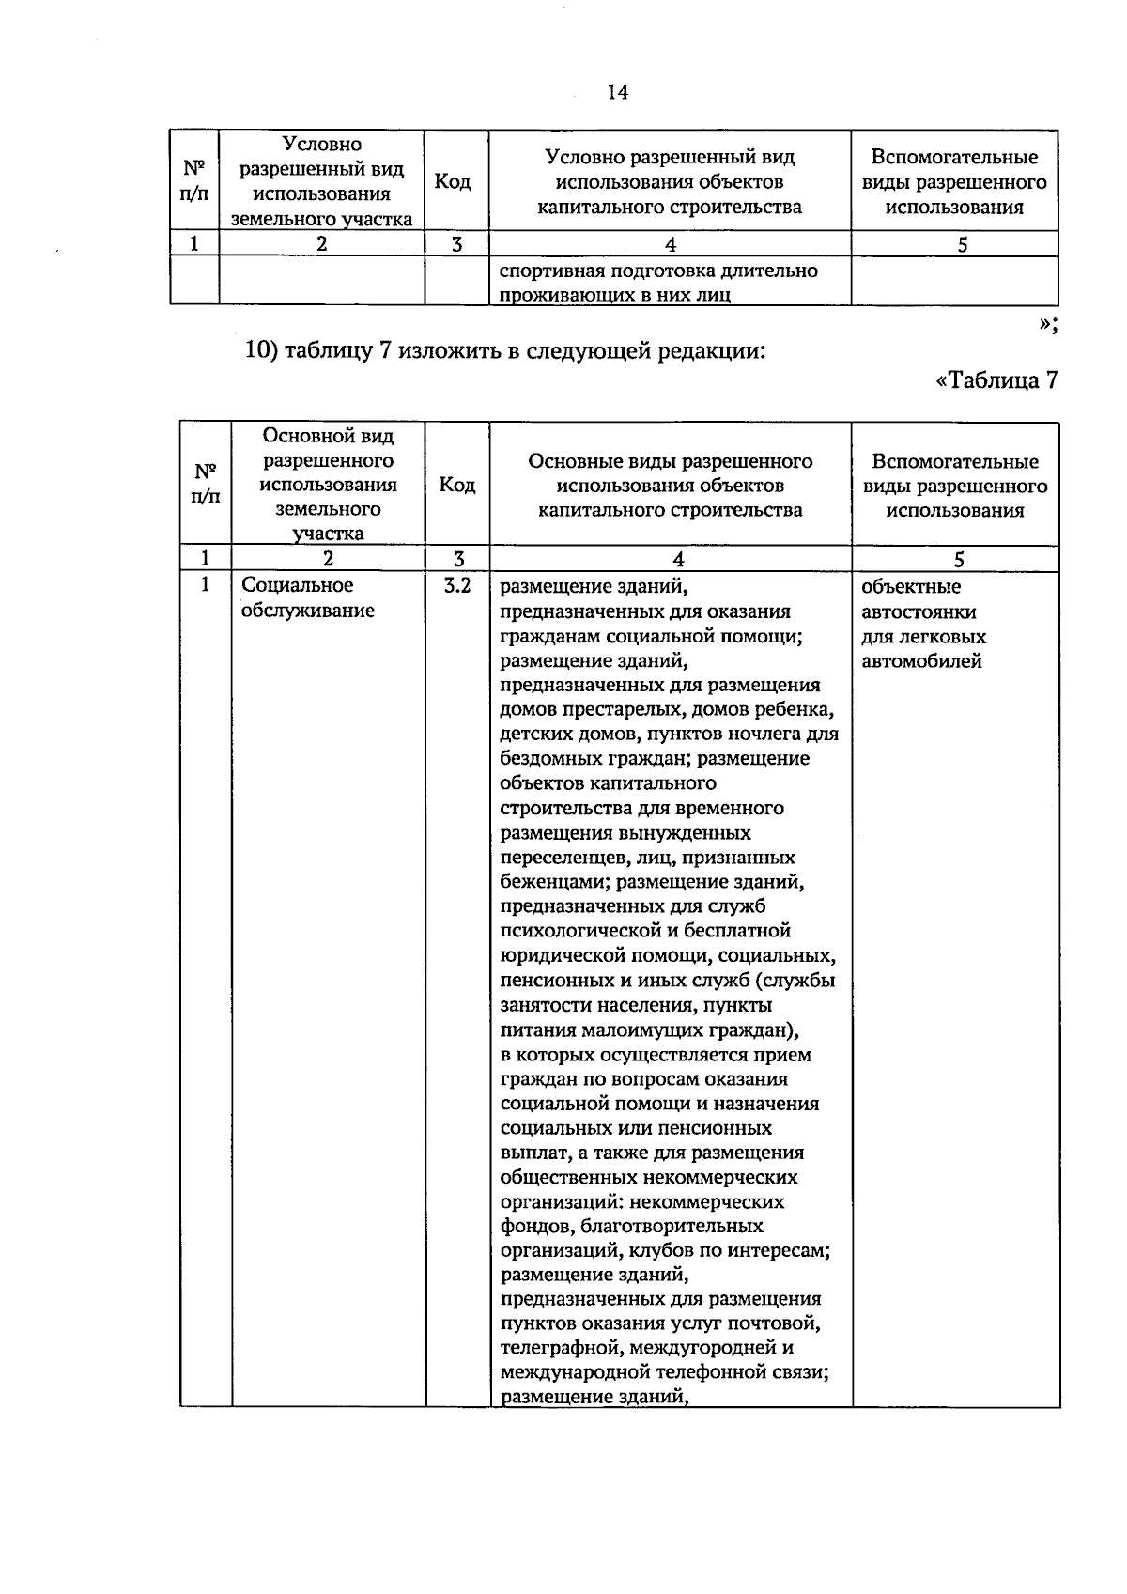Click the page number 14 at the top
[617, 92]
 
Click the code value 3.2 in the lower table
[456, 586]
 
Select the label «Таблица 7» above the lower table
[997, 380]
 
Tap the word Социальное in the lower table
[298, 585]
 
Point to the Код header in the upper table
[453, 181]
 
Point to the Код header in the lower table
[457, 485]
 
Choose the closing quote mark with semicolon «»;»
[1049, 323]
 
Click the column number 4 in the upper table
[670, 244]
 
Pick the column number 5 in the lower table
[959, 560]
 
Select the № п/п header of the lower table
[206, 484]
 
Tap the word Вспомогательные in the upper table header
[954, 157]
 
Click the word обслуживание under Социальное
[308, 611]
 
